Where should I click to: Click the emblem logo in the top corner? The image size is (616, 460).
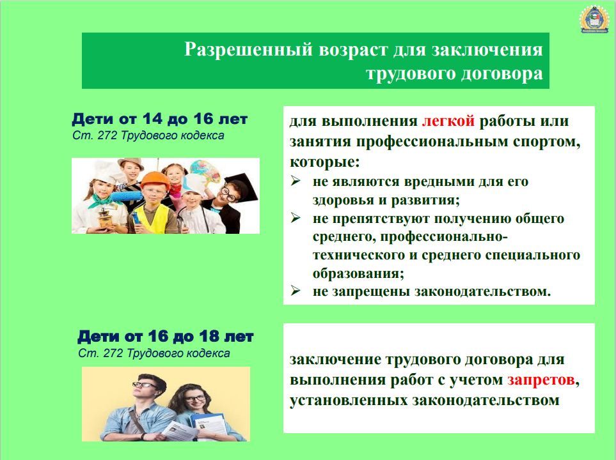[594, 19]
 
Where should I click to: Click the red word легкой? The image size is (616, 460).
[448, 121]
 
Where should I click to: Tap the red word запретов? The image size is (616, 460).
[541, 379]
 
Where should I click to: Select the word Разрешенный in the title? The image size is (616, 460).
[248, 49]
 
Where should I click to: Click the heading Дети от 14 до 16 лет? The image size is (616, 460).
[159, 119]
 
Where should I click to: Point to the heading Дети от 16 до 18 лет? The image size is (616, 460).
[166, 336]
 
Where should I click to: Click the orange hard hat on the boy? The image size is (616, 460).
[155, 180]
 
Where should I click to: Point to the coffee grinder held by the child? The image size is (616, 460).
[106, 218]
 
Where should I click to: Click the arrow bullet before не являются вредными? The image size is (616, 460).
[296, 181]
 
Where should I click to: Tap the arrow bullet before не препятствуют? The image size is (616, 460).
[296, 218]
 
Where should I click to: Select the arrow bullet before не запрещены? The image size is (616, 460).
[296, 291]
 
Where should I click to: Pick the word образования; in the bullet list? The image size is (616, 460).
[358, 273]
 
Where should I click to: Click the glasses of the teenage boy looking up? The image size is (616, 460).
[145, 385]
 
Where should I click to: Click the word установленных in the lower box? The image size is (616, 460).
[349, 401]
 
